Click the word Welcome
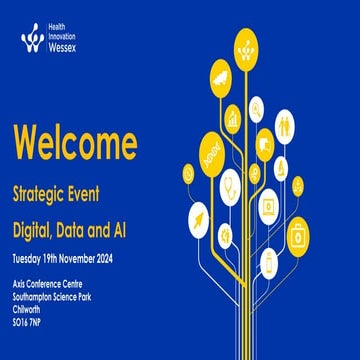(75, 143)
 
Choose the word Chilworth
(31, 308)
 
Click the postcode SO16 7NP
(31, 320)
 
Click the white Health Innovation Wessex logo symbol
(32, 38)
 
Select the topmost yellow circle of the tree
(246, 43)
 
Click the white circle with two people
(285, 126)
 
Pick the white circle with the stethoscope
(229, 186)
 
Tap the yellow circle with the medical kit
(299, 238)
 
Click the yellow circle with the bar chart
(233, 117)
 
